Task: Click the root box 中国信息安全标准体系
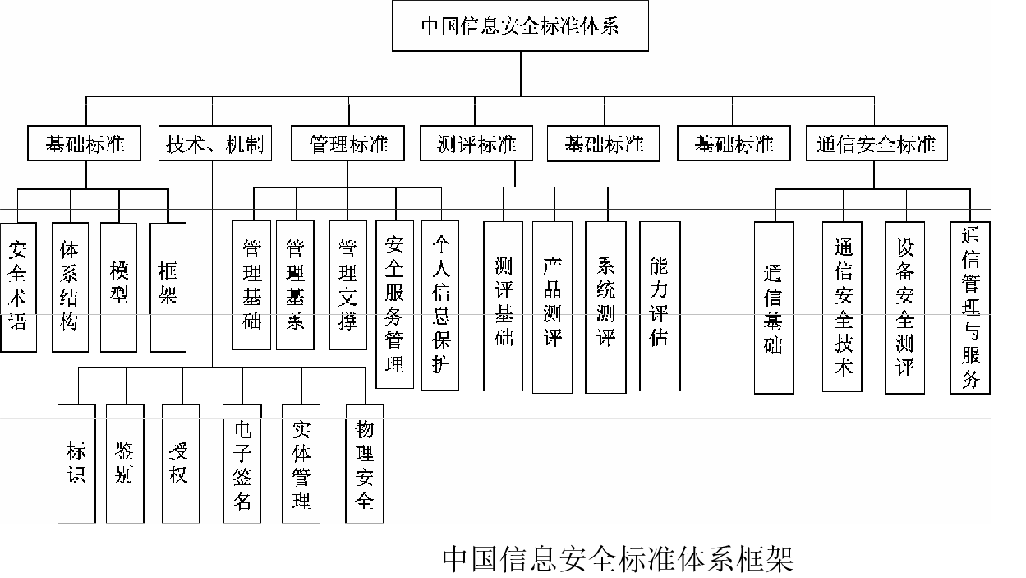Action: click(520, 26)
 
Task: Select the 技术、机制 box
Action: click(215, 144)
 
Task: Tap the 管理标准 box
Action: click(348, 144)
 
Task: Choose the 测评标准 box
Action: click(476, 144)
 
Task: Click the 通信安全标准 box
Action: click(876, 144)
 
